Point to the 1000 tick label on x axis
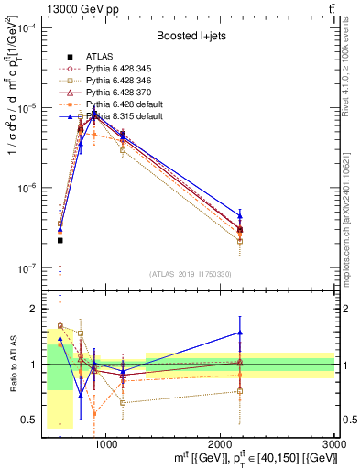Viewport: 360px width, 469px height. pos(106,443)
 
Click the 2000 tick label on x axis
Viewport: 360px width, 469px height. pos(221,443)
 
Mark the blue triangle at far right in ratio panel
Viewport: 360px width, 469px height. pos(240,333)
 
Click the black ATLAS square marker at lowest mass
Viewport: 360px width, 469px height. pos(60,240)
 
